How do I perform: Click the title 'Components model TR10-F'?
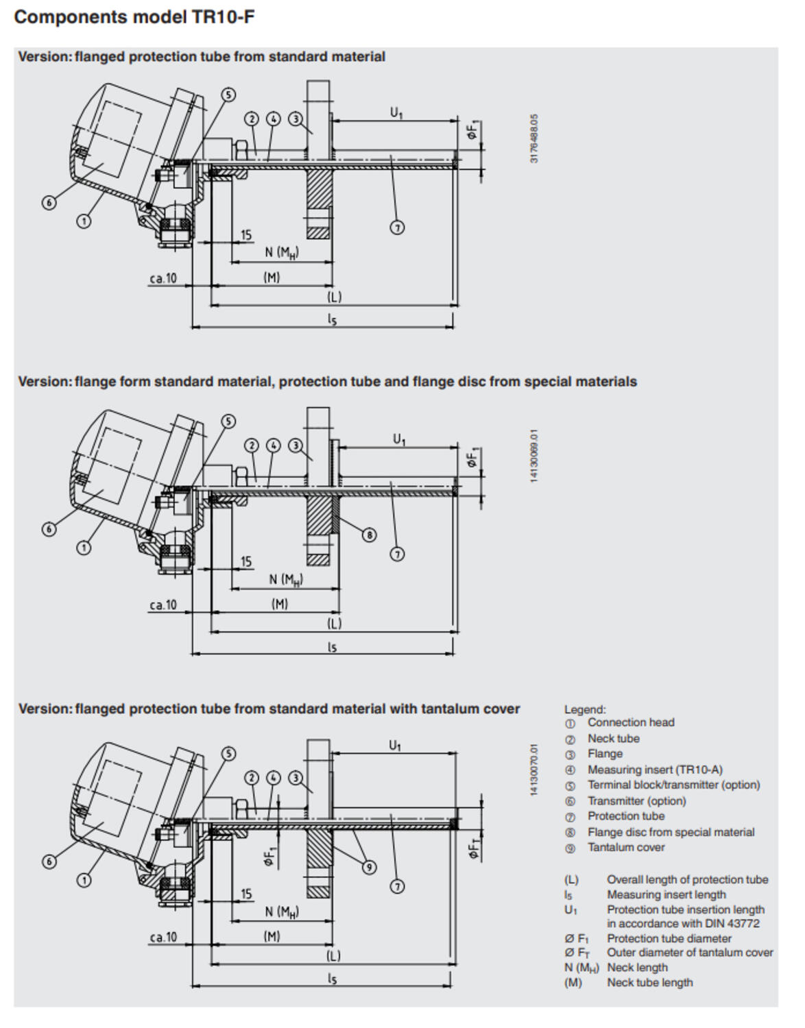pyautogui.click(x=134, y=17)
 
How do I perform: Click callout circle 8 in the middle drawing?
pyautogui.click(x=369, y=535)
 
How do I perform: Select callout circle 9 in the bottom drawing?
pyautogui.click(x=369, y=867)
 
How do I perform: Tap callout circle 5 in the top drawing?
pyautogui.click(x=228, y=95)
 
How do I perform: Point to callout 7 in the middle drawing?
pyautogui.click(x=397, y=554)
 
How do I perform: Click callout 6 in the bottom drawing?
pyautogui.click(x=49, y=861)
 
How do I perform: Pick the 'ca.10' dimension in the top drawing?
pyautogui.click(x=163, y=278)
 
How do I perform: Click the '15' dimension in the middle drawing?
pyautogui.click(x=245, y=561)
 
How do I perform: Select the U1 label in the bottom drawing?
pyautogui.click(x=395, y=745)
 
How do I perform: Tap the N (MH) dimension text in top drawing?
pyautogui.click(x=281, y=252)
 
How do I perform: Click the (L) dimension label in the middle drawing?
pyautogui.click(x=334, y=624)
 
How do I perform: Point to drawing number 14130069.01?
pyautogui.click(x=534, y=456)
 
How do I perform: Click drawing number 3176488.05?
pyautogui.click(x=534, y=138)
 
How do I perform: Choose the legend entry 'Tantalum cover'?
pyautogui.click(x=625, y=848)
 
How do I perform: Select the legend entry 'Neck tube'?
pyautogui.click(x=613, y=739)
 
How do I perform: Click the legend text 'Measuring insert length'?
pyautogui.click(x=666, y=895)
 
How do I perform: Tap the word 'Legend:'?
pyautogui.click(x=585, y=710)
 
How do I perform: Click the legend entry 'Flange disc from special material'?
pyautogui.click(x=671, y=832)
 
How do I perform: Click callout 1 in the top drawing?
pyautogui.click(x=83, y=221)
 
